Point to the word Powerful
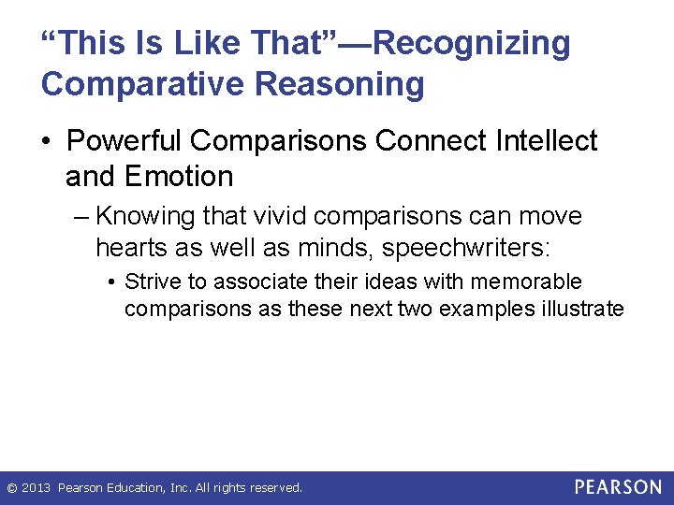coord(127,141)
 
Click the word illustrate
coord(574,309)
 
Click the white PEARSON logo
coord(618,487)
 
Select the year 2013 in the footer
coord(37,488)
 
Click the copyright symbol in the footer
coord(11,488)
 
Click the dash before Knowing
coord(81,217)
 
